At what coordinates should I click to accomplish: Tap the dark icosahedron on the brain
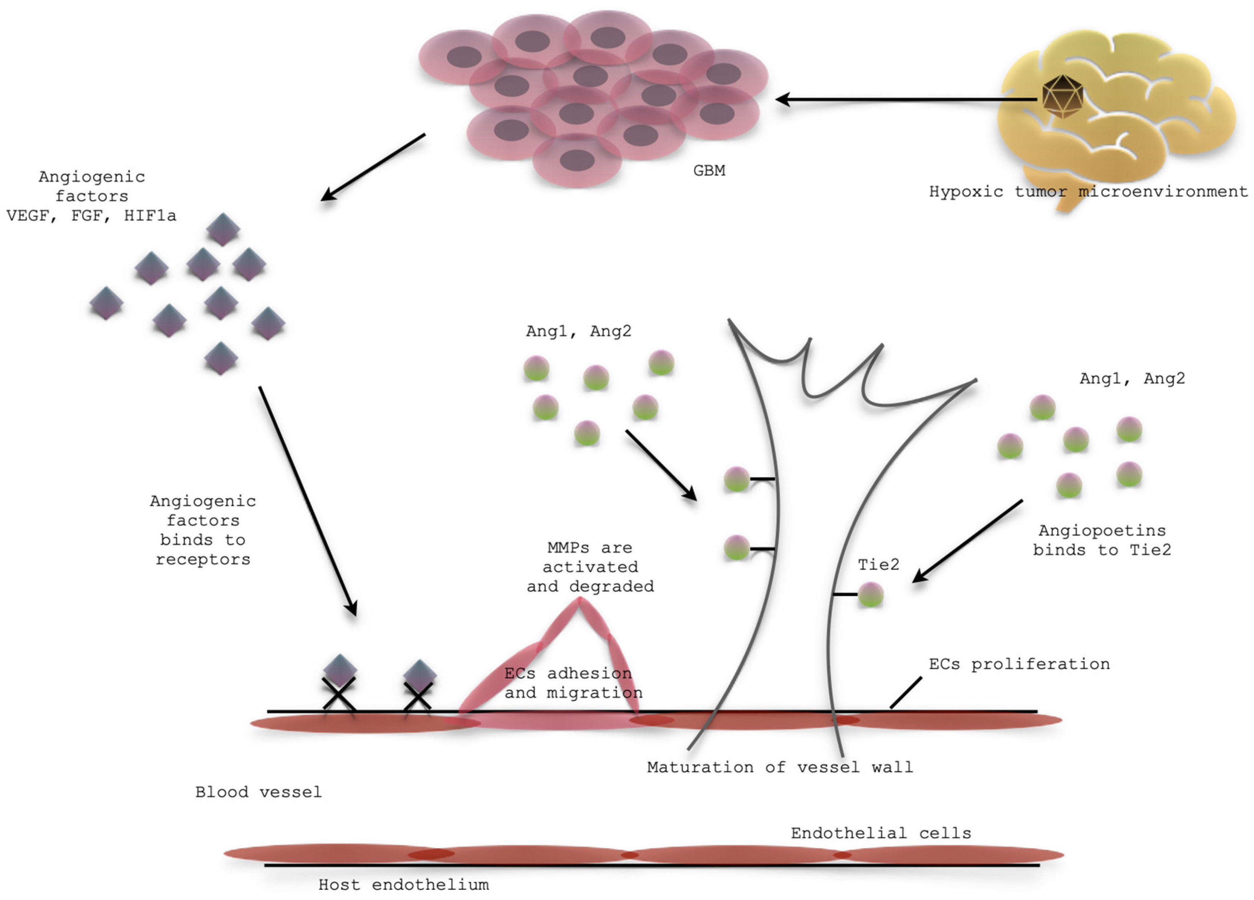click(1062, 96)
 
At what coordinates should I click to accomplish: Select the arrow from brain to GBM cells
click(907, 100)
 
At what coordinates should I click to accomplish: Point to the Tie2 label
click(878, 565)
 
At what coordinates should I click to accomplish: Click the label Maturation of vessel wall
click(779, 767)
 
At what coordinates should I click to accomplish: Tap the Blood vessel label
click(258, 792)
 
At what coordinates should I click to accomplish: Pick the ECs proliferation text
click(1019, 664)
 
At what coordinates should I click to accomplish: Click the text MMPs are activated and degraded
click(590, 567)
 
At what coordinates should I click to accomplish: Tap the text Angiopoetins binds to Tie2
click(1102, 540)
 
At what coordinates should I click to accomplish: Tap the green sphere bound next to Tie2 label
click(870, 595)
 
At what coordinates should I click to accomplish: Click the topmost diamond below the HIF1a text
click(223, 229)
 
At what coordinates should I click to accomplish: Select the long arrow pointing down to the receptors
click(308, 501)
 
